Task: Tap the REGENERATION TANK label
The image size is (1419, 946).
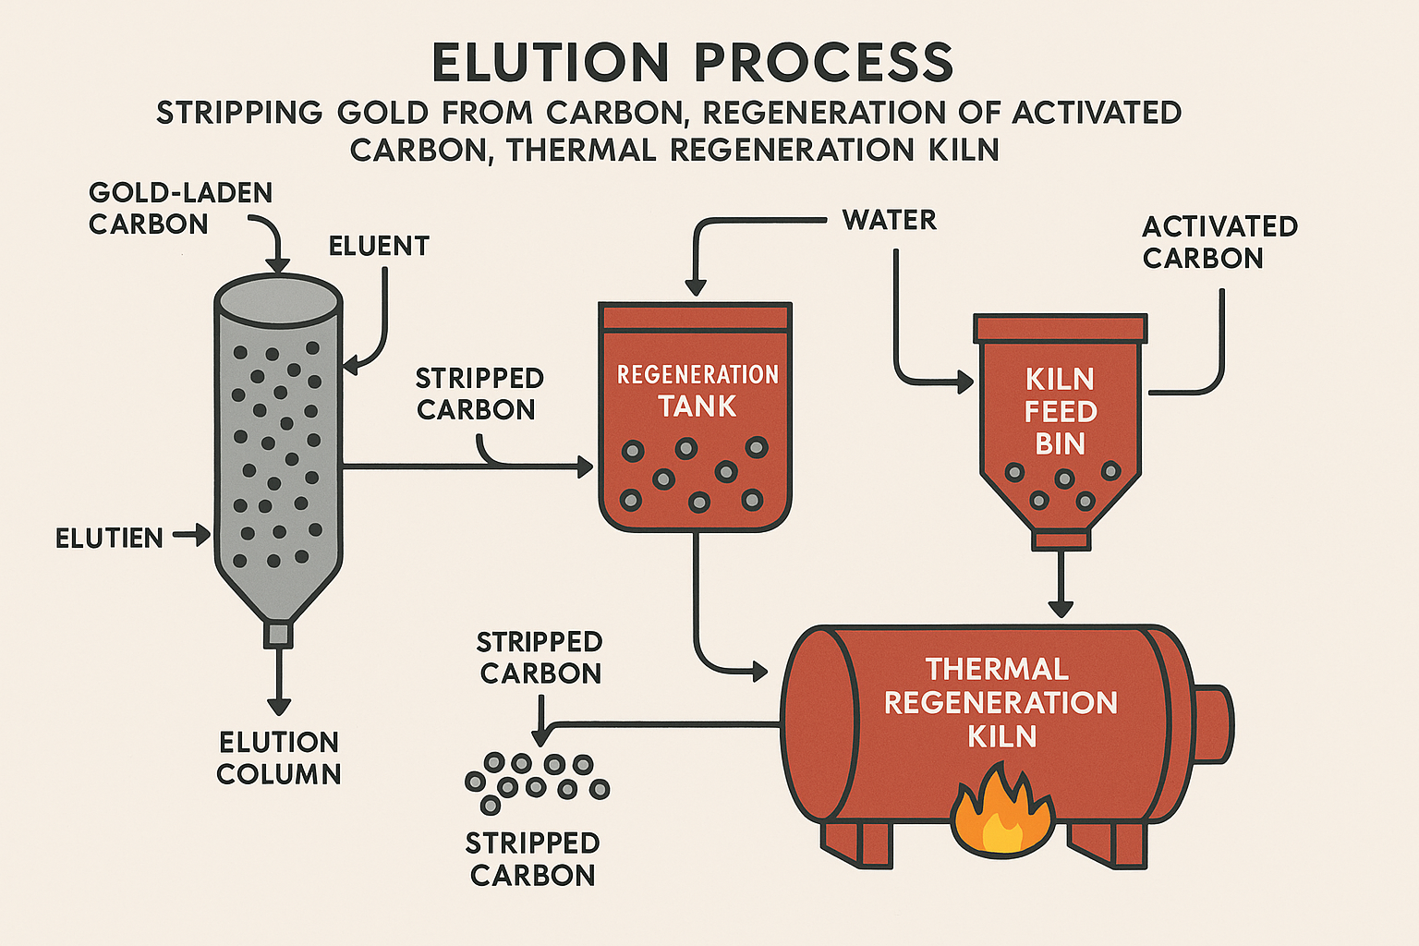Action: pos(697,390)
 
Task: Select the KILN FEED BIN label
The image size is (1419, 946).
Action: pos(1061,411)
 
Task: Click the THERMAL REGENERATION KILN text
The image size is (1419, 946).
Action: pos(1001,702)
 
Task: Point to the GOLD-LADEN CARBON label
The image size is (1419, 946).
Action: pos(180,208)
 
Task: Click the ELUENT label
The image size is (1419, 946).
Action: pos(379,246)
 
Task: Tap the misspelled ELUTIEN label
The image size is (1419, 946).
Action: pos(109,538)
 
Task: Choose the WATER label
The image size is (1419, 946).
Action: pos(889,220)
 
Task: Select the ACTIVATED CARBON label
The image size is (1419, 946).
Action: pos(1219,242)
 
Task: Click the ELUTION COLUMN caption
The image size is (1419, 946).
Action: pos(279,758)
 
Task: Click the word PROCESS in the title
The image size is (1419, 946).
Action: pos(823,63)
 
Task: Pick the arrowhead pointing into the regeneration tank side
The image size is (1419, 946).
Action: pos(585,467)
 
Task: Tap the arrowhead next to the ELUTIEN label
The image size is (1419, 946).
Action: pos(202,534)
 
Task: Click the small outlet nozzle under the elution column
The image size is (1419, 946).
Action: pos(278,635)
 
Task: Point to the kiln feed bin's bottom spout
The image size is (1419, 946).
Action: pos(1061,540)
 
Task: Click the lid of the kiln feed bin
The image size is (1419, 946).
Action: pos(1061,328)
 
